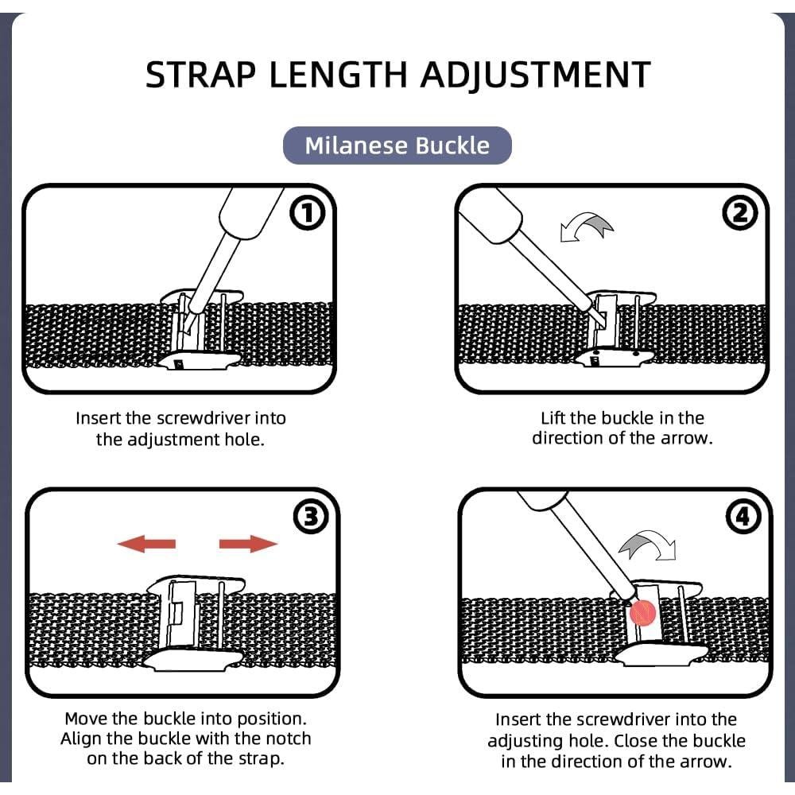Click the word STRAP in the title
200,75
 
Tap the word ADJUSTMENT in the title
535,76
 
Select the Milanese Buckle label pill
397,145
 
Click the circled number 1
307,214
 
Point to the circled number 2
739,213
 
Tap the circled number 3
311,518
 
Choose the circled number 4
743,518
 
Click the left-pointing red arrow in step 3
146,544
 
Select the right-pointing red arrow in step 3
248,544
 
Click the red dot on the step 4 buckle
643,612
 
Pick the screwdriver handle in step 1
251,213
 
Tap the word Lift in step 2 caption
553,418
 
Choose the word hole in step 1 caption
244,439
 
